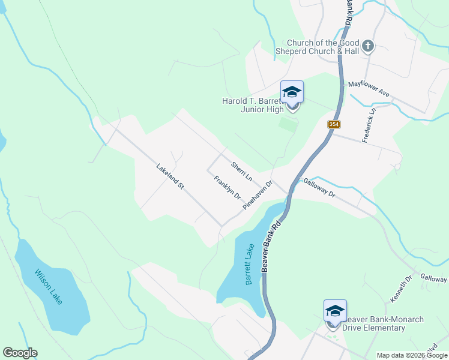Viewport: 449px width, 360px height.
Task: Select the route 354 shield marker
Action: pos(334,124)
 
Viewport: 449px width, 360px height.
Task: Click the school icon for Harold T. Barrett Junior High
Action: pos(292,92)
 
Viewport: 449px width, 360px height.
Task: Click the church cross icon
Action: pos(367,46)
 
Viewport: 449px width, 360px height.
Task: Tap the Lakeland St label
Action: pos(170,177)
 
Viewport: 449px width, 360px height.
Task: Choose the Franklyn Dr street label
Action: pos(228,187)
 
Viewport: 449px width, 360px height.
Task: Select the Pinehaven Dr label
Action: pos(258,195)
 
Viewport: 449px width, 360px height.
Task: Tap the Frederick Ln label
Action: pos(369,125)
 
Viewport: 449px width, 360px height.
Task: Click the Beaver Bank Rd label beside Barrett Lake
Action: pos(272,247)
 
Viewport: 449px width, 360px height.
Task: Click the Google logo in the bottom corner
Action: pos(20,353)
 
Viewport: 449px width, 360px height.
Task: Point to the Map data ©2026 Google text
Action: pos(412,355)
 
